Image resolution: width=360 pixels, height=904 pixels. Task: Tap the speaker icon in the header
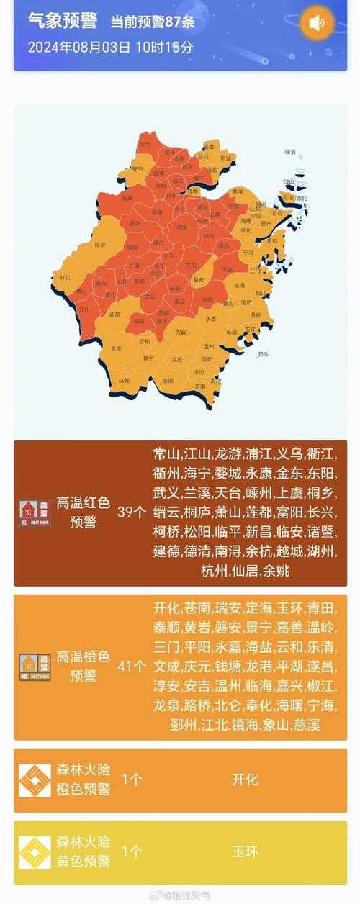point(318,23)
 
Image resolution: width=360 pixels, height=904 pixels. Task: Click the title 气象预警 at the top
point(62,22)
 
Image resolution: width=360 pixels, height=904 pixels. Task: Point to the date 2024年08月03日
point(79,48)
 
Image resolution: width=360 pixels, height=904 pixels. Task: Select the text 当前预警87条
point(153,22)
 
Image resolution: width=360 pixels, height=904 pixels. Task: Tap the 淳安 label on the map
point(100,245)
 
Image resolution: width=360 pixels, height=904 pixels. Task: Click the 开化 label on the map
point(66,277)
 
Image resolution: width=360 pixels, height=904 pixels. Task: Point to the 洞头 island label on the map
point(263,354)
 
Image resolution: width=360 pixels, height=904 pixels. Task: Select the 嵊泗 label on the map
point(290,153)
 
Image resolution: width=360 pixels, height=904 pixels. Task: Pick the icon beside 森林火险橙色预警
point(35,780)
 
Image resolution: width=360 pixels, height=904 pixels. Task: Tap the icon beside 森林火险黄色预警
point(35,851)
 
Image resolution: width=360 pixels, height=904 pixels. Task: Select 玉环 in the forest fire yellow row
point(245,851)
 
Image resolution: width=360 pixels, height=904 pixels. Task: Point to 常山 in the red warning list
point(166,454)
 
